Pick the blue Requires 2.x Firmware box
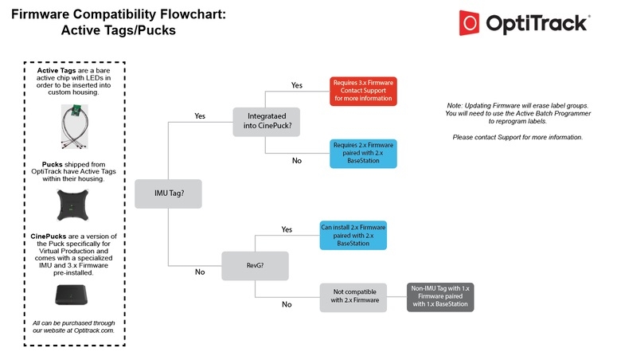pos(363,151)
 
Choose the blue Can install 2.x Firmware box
pos(353,234)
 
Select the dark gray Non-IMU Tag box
pos(440,295)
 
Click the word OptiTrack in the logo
pos(537,24)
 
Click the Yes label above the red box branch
pos(296,84)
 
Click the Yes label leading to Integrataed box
pos(200,115)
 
